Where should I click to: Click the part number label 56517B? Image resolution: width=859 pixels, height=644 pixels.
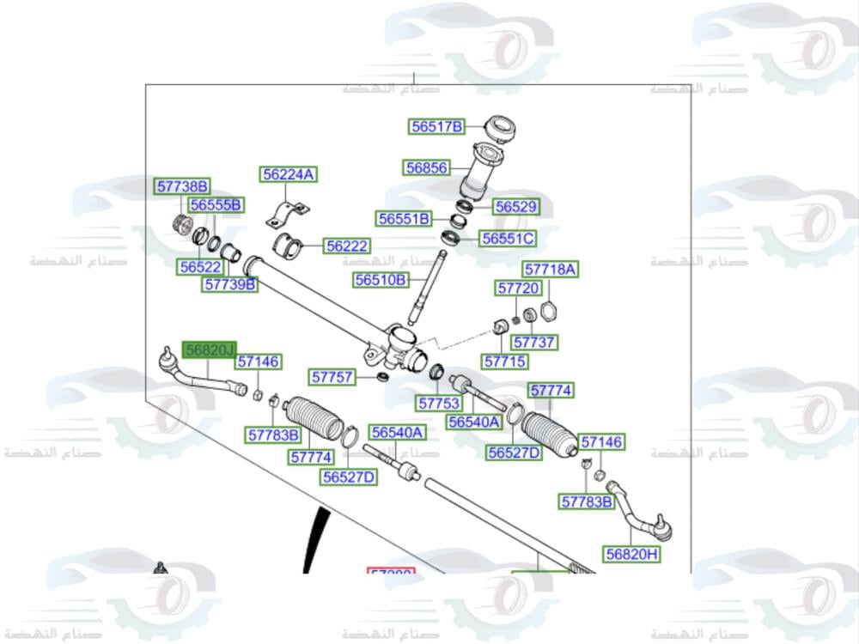click(x=436, y=127)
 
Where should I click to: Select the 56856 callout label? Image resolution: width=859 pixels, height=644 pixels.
click(x=427, y=168)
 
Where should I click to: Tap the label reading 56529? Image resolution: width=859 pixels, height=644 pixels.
click(x=516, y=207)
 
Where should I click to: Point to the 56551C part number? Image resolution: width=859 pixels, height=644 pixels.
click(x=507, y=239)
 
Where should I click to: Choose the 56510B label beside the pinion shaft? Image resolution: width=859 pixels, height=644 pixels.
click(x=380, y=280)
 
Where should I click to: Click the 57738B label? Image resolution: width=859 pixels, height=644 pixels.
click(x=182, y=186)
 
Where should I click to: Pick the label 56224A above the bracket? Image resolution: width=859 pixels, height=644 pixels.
click(x=289, y=175)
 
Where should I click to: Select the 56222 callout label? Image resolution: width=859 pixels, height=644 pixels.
click(x=346, y=246)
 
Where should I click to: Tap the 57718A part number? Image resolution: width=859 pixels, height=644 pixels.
click(x=551, y=270)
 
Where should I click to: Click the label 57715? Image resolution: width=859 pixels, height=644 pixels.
click(x=505, y=361)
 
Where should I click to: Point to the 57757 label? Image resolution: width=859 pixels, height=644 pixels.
click(x=332, y=377)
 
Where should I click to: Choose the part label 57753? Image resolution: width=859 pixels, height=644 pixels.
click(x=440, y=403)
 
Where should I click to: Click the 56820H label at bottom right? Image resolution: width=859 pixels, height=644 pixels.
click(x=631, y=555)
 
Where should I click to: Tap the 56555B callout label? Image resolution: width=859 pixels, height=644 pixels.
click(x=216, y=205)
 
